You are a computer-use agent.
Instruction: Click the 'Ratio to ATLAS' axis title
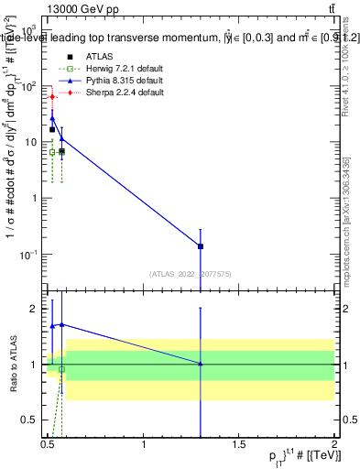click(x=11, y=365)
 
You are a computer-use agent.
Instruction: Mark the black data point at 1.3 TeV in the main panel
click(x=201, y=246)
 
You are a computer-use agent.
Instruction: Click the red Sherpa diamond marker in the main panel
click(x=52, y=96)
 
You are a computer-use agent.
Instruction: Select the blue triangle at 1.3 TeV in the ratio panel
click(x=201, y=364)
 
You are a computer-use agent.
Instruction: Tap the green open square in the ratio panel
click(x=61, y=369)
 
